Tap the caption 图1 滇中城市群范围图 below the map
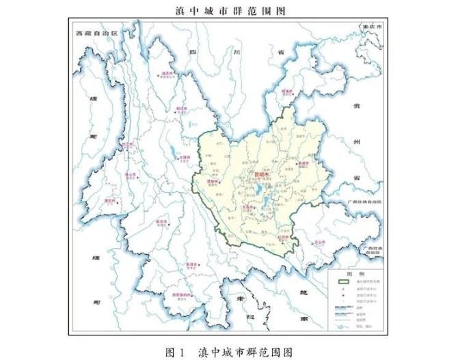pos(228,351)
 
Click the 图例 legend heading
pos(355,273)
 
